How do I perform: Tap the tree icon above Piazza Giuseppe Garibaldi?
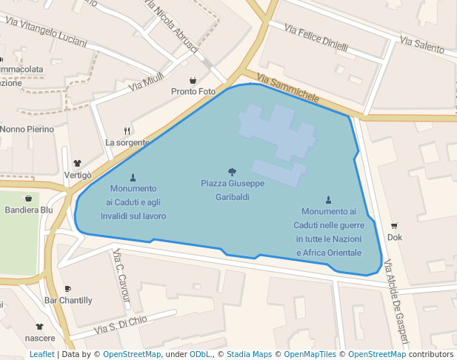(x=232, y=172)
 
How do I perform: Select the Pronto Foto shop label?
(x=193, y=92)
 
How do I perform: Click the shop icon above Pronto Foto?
(x=193, y=80)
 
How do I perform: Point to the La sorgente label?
(x=127, y=142)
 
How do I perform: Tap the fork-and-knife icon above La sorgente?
(x=127, y=130)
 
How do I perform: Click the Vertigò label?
(x=78, y=175)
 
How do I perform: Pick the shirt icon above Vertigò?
(x=77, y=163)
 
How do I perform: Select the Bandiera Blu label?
(x=29, y=210)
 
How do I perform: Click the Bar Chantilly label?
(x=68, y=301)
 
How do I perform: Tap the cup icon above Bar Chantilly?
(x=68, y=289)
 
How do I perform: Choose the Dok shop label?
(x=394, y=238)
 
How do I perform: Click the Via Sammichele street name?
(x=288, y=89)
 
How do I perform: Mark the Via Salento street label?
(x=421, y=44)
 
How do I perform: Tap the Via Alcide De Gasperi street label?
(x=396, y=304)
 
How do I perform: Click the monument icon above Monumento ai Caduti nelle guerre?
(x=328, y=199)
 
